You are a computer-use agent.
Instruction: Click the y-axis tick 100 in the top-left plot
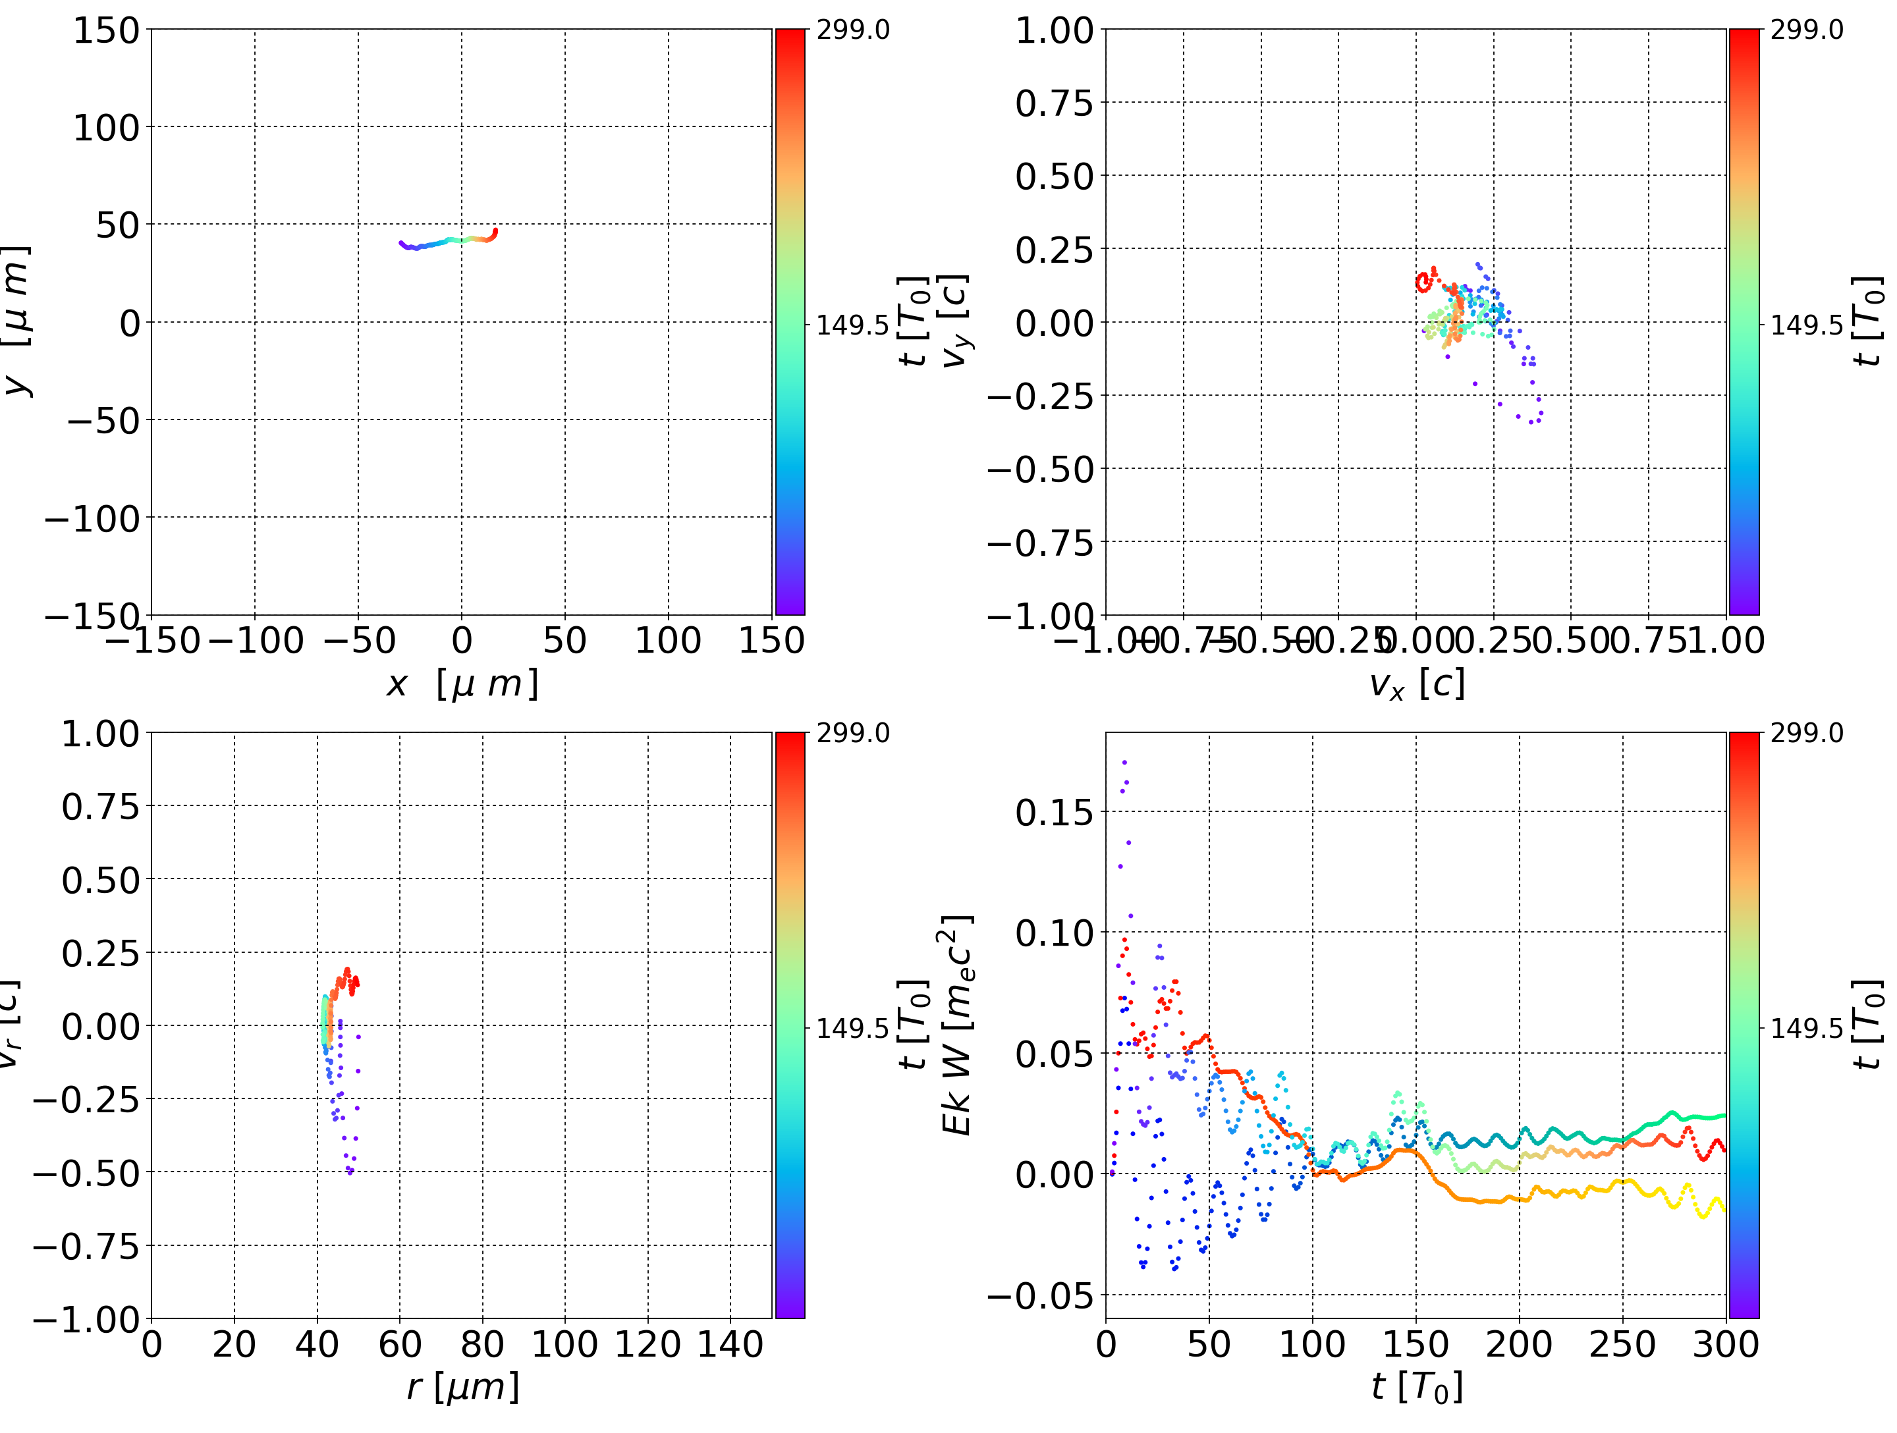click(x=105, y=128)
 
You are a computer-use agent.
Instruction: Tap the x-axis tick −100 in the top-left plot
click(x=256, y=641)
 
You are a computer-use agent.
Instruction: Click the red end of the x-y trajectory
click(x=494, y=232)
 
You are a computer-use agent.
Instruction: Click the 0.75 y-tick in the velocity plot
click(x=1054, y=103)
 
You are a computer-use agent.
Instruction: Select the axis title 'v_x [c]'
click(x=1416, y=684)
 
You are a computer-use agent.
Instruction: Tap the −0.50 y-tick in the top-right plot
click(x=1040, y=469)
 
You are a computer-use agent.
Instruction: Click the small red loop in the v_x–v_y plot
click(x=1423, y=281)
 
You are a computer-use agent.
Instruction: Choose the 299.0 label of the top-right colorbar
click(x=1806, y=30)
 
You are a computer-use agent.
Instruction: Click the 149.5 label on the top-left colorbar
click(x=852, y=325)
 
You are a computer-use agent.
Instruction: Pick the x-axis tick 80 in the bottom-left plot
click(x=482, y=1344)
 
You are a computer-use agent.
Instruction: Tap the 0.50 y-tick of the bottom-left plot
click(x=100, y=880)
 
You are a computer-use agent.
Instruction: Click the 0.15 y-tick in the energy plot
click(x=1054, y=812)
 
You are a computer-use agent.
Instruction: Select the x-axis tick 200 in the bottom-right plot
click(x=1519, y=1344)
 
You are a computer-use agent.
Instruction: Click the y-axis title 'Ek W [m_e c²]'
click(x=957, y=1025)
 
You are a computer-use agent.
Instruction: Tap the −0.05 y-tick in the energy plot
click(x=1040, y=1295)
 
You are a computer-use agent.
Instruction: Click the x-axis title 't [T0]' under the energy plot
click(x=1416, y=1388)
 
